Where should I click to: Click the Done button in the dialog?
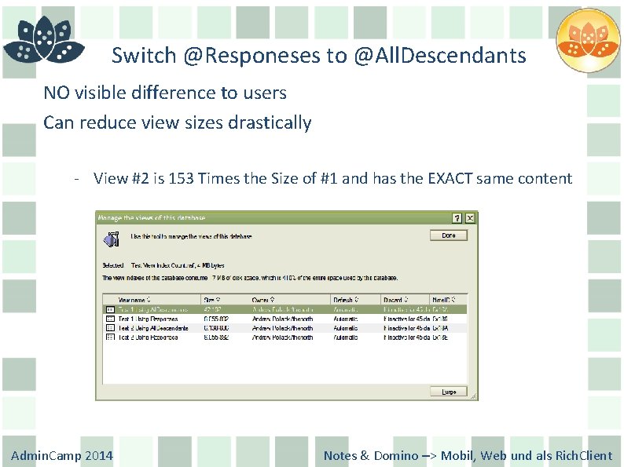449,235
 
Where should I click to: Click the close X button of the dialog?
470,217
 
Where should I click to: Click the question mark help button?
457,217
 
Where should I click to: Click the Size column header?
212,299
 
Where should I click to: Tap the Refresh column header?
346,299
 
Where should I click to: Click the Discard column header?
394,299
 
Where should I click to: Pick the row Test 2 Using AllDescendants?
154,328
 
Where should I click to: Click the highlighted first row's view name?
152,309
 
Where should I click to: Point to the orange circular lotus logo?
588,40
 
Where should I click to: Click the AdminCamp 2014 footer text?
62,455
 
